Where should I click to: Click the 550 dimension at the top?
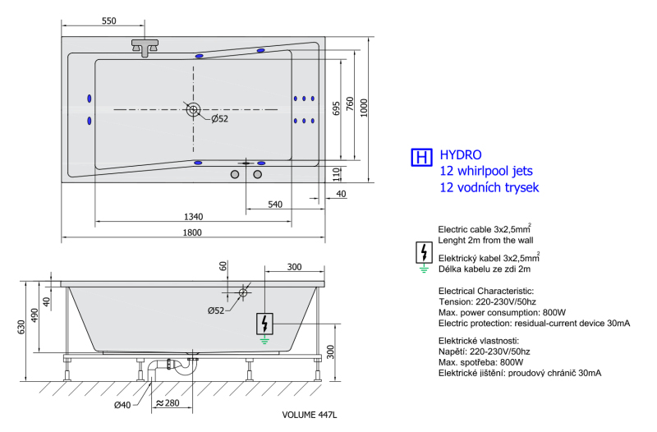108,21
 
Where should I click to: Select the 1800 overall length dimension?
192,232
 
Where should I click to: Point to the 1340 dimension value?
193,217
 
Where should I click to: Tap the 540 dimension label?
275,204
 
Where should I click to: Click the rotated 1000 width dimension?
364,108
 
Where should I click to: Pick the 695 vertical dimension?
336,108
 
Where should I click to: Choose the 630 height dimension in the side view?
21,327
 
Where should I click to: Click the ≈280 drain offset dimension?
168,402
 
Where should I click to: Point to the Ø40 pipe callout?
122,405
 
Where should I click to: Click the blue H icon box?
421,158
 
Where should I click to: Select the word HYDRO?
461,155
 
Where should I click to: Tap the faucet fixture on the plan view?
145,48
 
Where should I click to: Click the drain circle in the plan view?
193,110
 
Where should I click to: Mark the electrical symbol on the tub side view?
264,324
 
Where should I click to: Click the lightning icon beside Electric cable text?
424,253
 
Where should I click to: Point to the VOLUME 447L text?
310,415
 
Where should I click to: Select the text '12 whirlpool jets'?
486,171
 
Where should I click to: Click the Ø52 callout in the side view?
216,310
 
